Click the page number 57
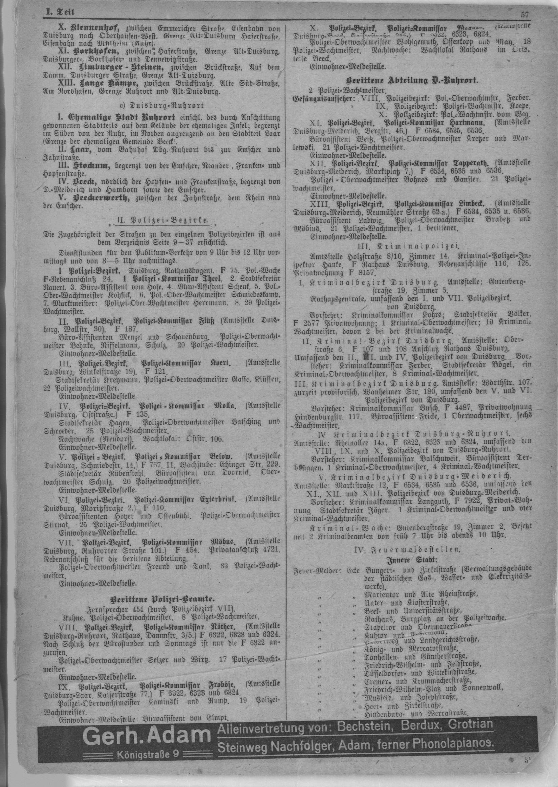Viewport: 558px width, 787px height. click(x=524, y=15)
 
